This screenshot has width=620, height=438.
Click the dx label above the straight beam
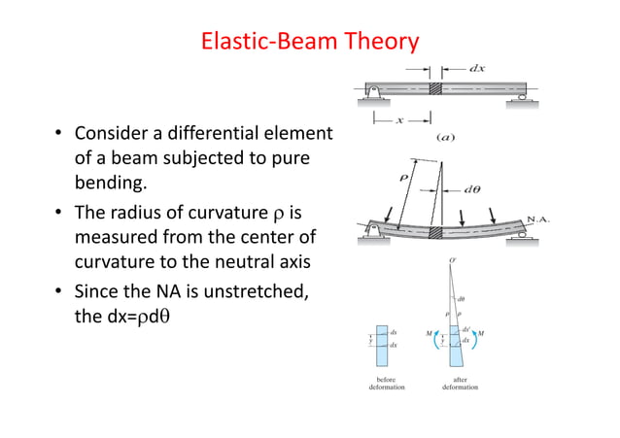(x=478, y=69)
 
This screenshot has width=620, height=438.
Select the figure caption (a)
(x=445, y=137)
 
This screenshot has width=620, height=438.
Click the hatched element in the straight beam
(x=436, y=87)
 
